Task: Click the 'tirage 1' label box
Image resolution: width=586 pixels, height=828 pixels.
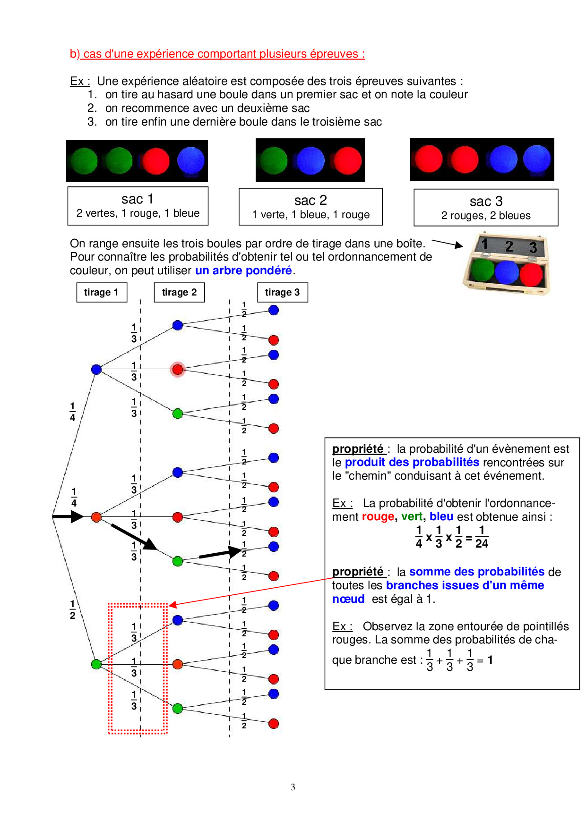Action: pos(102,292)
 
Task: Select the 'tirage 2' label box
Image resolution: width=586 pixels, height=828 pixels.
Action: pos(179,292)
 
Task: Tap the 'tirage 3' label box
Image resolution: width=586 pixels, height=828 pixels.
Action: pos(282,292)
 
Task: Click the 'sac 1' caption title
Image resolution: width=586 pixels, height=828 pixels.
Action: pos(137,199)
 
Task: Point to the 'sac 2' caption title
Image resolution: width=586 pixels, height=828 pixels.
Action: pos(310,200)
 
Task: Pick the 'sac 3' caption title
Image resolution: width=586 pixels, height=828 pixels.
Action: pos(486,202)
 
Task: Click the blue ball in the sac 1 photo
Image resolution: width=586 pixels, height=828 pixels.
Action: pos(191,160)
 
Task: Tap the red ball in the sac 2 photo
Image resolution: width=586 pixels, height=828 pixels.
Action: pos(348,161)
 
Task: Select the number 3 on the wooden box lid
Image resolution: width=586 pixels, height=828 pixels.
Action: pos(533,248)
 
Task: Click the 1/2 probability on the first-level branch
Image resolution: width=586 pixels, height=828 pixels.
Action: pos(72,609)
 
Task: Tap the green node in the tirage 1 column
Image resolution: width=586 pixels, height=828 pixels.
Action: pos(96,664)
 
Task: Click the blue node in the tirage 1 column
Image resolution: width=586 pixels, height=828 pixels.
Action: pos(96,369)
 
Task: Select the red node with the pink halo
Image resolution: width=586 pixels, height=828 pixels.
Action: pos(178,369)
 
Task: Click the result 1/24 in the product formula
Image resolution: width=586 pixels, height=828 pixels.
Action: pos(482,537)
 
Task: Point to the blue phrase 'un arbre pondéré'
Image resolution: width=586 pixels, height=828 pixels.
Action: pos(243,270)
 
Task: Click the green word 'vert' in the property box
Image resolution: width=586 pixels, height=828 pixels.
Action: pos(411,516)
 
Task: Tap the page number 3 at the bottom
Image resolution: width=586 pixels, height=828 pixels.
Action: pos(293,787)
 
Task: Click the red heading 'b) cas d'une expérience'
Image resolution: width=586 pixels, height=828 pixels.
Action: pos(217,54)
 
